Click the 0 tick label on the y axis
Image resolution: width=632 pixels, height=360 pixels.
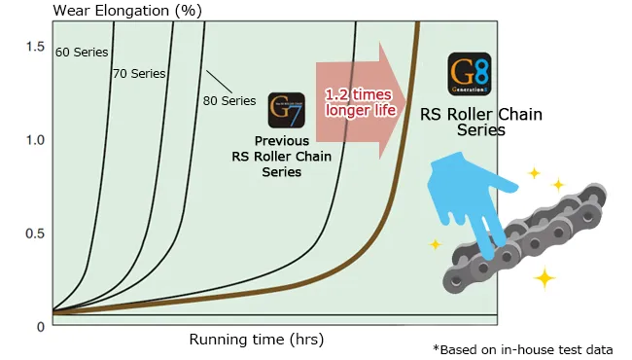[x=41, y=326]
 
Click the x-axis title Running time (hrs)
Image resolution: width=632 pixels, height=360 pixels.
[x=257, y=340]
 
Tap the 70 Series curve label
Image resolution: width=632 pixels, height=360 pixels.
[x=139, y=73]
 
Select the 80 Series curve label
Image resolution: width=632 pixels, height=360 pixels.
[x=228, y=99]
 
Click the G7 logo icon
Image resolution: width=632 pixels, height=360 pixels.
[x=286, y=111]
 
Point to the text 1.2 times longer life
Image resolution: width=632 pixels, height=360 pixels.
[x=360, y=101]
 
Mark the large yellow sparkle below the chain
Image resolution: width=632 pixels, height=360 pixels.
[x=544, y=279]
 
